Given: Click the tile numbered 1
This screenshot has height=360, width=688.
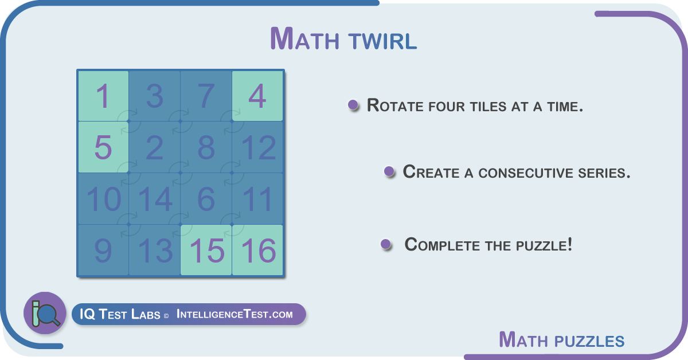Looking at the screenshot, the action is pos(103,96).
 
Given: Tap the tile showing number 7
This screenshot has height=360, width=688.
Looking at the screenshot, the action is pos(206,96).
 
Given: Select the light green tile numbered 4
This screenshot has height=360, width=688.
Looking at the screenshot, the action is pos(257,96).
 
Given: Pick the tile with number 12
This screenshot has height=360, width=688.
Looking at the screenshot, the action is pos(257,147).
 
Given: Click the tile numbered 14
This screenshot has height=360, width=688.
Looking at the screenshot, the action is pos(154,198).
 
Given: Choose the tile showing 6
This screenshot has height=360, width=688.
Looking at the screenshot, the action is pos(206,198).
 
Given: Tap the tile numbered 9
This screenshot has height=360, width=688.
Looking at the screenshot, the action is pos(103,250).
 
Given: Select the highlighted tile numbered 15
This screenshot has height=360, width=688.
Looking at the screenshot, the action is pos(206,250).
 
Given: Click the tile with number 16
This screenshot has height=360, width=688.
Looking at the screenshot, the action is pos(257,250).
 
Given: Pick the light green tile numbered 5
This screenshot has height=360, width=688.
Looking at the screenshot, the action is pos(103,147).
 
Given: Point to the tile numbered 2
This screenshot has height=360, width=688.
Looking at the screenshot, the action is pos(154,147).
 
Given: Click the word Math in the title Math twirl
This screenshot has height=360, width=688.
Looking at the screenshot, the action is pos(304,39).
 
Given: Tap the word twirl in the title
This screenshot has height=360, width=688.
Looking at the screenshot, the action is pos(383,41).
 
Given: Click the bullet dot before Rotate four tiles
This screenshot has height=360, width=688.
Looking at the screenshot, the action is pos(353,105).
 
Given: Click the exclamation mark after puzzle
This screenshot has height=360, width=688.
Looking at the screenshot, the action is pos(570,244).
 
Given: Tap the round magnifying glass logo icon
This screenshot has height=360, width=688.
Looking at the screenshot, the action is pos(45,312).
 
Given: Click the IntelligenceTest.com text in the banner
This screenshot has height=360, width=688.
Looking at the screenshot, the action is pos(234,314).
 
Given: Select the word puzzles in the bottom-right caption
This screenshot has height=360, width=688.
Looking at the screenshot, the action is pos(589,341).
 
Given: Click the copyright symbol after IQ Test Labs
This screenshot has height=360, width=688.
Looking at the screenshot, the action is pos(166,316).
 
